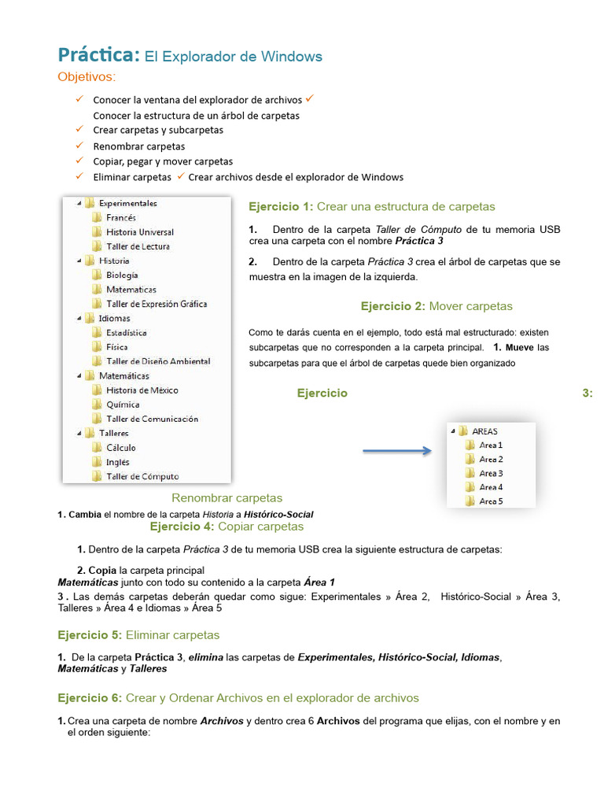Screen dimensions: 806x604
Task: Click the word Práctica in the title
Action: click(98, 55)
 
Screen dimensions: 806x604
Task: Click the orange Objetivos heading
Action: click(87, 76)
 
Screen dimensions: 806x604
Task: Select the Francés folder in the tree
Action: click(121, 217)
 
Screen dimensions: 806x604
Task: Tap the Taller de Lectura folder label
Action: click(138, 246)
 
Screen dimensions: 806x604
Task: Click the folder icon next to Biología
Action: click(96, 275)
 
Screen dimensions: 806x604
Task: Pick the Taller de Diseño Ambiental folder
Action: click(158, 361)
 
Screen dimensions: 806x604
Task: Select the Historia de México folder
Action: click(142, 390)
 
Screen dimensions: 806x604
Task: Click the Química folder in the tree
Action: click(123, 405)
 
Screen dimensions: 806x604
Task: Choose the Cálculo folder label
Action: click(121, 448)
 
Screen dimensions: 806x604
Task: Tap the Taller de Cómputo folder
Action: click(142, 476)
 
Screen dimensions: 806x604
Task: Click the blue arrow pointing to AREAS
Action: click(397, 451)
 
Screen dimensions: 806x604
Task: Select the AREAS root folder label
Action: click(484, 431)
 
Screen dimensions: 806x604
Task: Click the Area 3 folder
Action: click(491, 473)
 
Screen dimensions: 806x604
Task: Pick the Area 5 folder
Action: click(491, 501)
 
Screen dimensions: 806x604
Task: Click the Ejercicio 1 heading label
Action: click(280, 207)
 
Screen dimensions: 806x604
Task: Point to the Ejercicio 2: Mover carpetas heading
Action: click(436, 306)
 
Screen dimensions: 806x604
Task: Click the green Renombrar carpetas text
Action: click(226, 498)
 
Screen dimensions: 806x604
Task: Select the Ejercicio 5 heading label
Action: click(90, 634)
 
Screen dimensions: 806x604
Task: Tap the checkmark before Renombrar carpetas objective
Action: click(79, 146)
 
